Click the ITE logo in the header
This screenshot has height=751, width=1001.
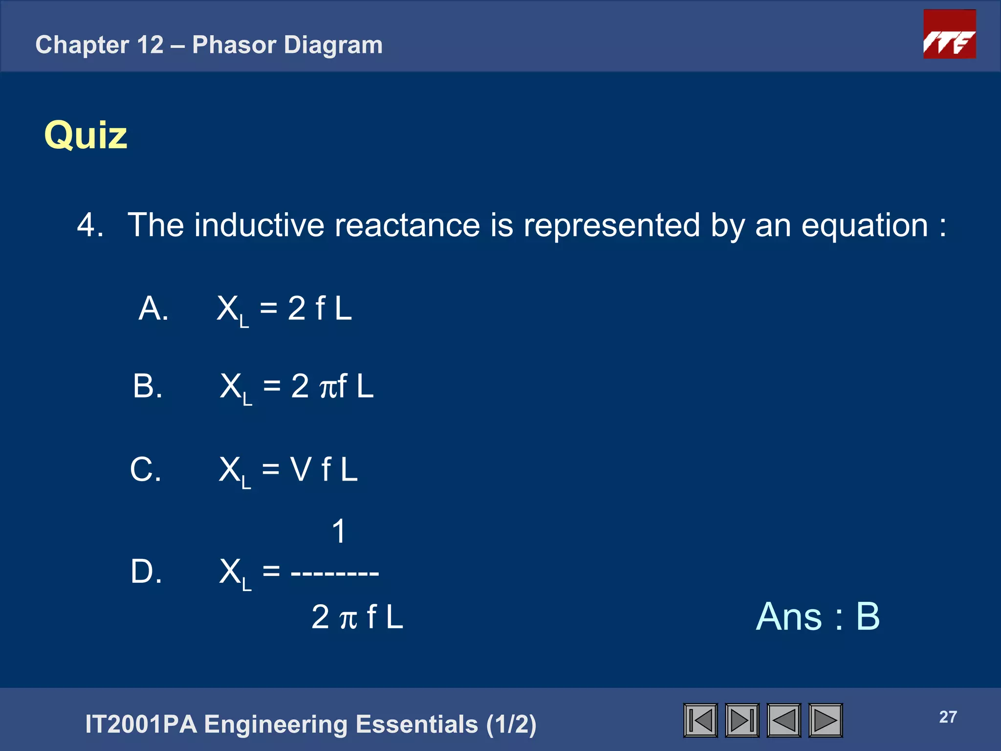[x=949, y=34]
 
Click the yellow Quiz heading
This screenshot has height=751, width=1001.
[x=86, y=135]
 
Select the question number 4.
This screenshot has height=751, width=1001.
[x=89, y=225]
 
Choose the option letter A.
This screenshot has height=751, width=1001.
[x=152, y=309]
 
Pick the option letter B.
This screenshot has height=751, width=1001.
[x=147, y=386]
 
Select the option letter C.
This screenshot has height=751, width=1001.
[x=145, y=469]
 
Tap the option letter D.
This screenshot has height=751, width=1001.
[x=146, y=571]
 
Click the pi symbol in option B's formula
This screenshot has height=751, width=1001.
[x=328, y=388]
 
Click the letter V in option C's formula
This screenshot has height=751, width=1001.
[x=301, y=469]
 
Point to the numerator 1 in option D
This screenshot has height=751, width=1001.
[x=338, y=531]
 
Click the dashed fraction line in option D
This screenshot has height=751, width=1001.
[x=335, y=572]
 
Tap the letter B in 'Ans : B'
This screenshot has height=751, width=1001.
[x=868, y=617]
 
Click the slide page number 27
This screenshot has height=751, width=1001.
[x=948, y=717]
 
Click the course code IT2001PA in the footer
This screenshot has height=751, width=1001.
[x=141, y=724]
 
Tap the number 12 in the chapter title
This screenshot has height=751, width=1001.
[x=150, y=45]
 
